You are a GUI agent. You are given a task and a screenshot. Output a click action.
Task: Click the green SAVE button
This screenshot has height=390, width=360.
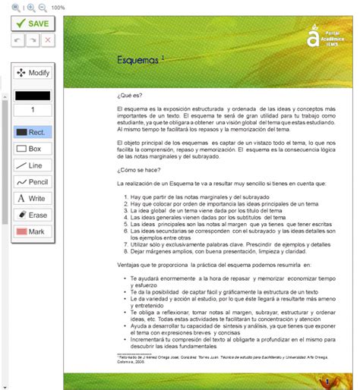32,23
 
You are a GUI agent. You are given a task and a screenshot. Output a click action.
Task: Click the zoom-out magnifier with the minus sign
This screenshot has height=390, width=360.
43,7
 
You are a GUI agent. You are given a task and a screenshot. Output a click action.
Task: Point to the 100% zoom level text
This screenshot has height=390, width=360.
58,8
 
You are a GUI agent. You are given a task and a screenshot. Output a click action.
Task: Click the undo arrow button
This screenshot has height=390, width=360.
18,40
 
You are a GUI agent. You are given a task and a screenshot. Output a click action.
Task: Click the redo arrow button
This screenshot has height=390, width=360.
33,40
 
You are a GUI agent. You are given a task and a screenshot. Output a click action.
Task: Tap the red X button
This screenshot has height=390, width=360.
48,40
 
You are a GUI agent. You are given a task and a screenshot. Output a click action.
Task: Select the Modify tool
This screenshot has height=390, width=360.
32,73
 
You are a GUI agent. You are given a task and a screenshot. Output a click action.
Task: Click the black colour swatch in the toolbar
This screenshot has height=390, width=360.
32,96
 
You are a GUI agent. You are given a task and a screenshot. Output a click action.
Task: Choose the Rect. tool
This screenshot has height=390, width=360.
32,132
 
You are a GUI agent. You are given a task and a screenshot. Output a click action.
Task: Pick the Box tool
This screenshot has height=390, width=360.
32,149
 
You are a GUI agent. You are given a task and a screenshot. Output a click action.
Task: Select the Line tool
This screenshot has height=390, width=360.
32,165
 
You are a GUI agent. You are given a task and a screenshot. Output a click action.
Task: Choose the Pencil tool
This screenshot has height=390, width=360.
32,182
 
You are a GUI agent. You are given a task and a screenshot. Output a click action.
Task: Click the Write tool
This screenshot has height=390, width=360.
32,199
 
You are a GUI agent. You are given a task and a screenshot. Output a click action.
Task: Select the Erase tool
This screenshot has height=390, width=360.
32,215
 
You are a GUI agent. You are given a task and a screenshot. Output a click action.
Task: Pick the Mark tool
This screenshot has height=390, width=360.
32,231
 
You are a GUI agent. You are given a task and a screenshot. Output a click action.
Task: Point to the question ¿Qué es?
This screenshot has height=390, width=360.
130,97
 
